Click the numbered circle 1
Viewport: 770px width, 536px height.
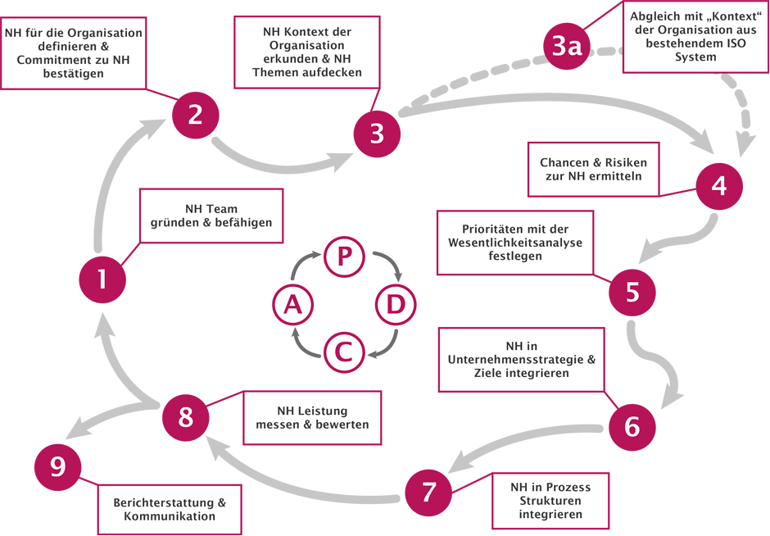(x=102, y=279)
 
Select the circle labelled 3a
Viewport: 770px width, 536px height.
(x=566, y=48)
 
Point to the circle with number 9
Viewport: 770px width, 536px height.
(x=57, y=468)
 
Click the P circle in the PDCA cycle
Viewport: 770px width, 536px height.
(x=345, y=257)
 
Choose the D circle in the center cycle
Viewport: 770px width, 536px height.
(x=396, y=305)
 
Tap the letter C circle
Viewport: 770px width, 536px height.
(x=345, y=352)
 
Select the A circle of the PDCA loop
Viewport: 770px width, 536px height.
(x=293, y=305)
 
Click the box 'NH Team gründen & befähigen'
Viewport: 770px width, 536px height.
(x=211, y=216)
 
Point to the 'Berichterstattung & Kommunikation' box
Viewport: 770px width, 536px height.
(x=170, y=509)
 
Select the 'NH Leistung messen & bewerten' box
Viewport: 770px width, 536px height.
(x=312, y=417)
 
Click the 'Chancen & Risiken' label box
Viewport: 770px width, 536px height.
(x=593, y=170)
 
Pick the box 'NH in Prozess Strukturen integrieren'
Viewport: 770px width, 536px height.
(x=550, y=501)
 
